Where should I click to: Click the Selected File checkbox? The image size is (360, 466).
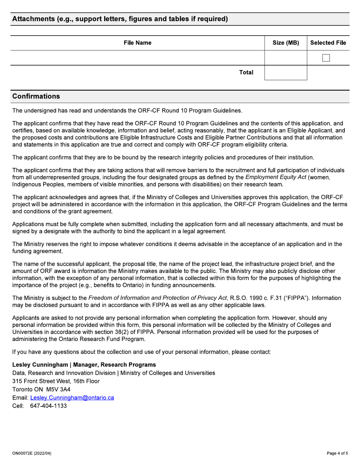tap(326, 58)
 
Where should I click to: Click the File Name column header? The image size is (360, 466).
tap(137, 43)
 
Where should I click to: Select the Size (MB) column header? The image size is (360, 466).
tap(286, 43)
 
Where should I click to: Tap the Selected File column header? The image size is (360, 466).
tap(328, 43)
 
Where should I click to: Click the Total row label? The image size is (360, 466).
tap(246, 72)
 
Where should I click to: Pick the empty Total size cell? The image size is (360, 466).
tap(286, 72)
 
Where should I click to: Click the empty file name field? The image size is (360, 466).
tap(137, 58)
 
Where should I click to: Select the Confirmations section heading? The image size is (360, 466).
tap(36, 96)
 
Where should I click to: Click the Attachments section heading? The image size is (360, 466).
tap(120, 19)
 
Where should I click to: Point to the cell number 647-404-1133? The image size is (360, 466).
tap(49, 406)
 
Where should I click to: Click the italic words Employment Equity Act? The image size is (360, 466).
tap(275, 177)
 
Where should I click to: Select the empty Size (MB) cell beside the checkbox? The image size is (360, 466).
tap(286, 58)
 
